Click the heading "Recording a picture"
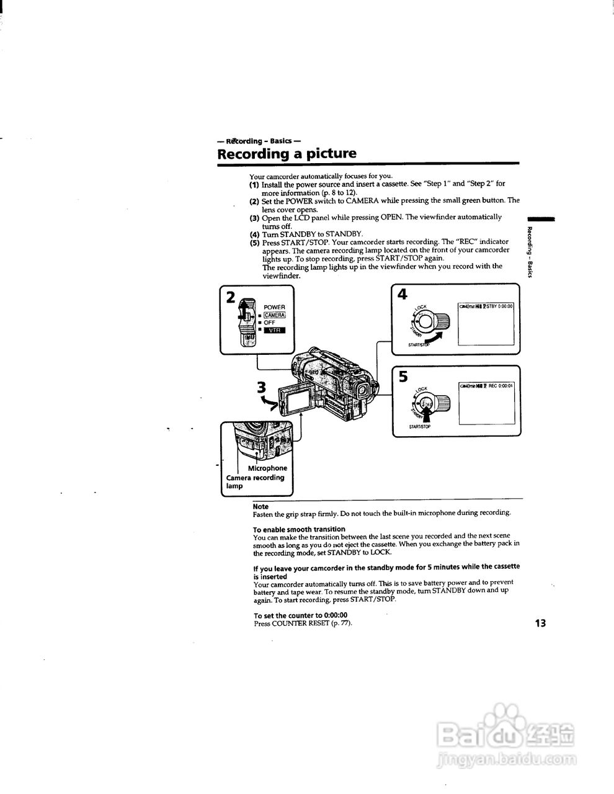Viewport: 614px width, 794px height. click(287, 153)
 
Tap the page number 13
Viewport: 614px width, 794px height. click(540, 622)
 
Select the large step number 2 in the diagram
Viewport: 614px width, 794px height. click(231, 297)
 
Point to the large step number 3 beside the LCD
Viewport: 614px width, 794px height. click(262, 388)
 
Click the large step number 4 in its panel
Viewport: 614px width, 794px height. click(403, 294)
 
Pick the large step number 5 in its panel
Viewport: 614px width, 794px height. click(403, 377)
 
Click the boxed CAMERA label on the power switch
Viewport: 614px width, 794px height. click(275, 315)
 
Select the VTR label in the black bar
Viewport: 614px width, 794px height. click(275, 330)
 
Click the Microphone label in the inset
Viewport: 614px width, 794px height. click(267, 468)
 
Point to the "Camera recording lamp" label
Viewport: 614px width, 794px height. click(254, 482)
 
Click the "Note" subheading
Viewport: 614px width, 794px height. click(260, 507)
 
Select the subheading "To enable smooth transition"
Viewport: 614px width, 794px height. click(299, 529)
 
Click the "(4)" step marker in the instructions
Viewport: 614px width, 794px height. click(254, 234)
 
